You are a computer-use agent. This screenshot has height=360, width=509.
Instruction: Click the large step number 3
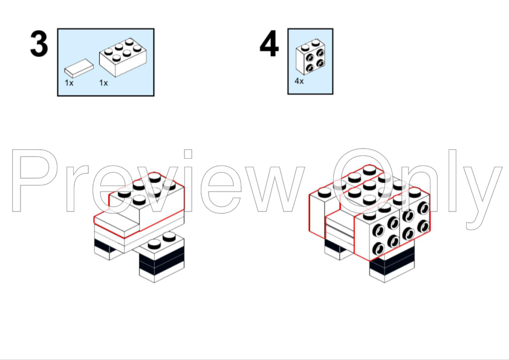(x=39, y=44)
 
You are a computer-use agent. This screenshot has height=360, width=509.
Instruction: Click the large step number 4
(x=269, y=43)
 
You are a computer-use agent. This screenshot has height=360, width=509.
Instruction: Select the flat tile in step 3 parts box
(x=79, y=68)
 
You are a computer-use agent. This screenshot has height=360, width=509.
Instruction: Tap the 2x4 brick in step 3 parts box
(x=123, y=57)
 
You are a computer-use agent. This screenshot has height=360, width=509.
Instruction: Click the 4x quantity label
(x=299, y=81)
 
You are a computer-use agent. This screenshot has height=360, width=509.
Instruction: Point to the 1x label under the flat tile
(x=69, y=83)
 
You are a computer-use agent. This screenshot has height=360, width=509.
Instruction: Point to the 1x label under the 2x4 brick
(x=103, y=83)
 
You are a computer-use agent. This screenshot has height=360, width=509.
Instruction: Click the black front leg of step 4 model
(x=392, y=265)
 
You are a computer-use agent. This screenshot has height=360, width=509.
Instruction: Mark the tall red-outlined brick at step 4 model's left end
(x=317, y=213)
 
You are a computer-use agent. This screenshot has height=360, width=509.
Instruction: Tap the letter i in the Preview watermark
(x=188, y=181)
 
